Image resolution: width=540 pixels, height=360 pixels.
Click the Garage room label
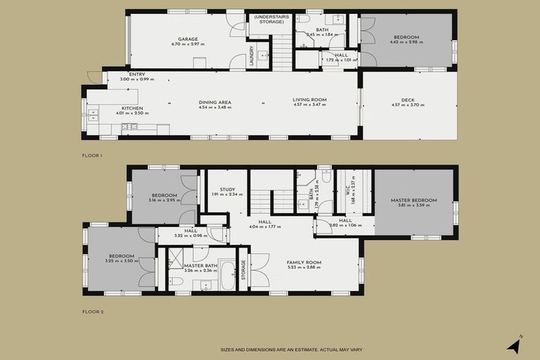pos(188,39)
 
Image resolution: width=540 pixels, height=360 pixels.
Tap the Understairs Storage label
pos(269,20)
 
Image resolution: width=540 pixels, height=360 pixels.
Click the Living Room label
pos(309,100)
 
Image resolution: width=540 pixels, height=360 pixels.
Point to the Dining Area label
pos(214,102)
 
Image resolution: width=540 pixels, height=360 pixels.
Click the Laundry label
pos(251,57)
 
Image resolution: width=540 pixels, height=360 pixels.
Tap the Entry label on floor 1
pos(136,74)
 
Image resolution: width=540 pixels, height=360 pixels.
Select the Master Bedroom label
pos(413,200)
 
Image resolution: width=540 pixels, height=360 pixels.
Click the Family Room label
pos(304,262)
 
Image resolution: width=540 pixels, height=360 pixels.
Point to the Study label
pos(227,189)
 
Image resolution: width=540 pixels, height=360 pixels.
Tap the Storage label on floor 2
pos(244,270)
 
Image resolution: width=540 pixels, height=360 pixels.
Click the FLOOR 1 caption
pos(92,155)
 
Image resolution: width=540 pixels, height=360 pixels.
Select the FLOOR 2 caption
pos(92,311)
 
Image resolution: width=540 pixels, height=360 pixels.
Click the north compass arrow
pos(515,344)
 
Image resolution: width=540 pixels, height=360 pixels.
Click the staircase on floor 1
pos(282,52)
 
